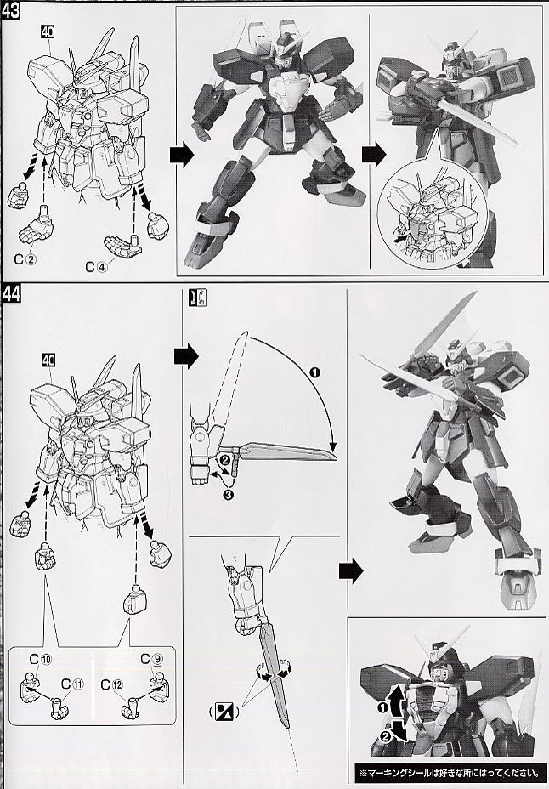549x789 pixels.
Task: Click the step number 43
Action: tap(10, 9)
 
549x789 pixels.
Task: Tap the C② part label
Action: tap(25, 259)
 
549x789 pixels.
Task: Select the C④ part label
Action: tap(97, 267)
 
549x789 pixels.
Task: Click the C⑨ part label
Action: tap(152, 659)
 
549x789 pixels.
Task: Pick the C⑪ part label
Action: tap(72, 684)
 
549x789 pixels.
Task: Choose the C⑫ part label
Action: tap(111, 684)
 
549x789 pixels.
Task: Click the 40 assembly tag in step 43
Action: tap(48, 32)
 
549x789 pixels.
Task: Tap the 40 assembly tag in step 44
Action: tap(48, 360)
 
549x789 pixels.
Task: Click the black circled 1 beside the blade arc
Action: tap(315, 372)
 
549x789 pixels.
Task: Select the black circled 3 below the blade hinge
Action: tap(228, 496)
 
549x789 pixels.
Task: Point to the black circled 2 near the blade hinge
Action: tap(225, 459)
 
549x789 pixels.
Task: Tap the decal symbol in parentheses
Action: tap(224, 712)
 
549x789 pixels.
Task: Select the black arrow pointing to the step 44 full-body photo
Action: tap(350, 570)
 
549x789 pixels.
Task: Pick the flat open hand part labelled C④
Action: tap(123, 245)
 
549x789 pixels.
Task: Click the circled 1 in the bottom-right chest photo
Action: tap(382, 708)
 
